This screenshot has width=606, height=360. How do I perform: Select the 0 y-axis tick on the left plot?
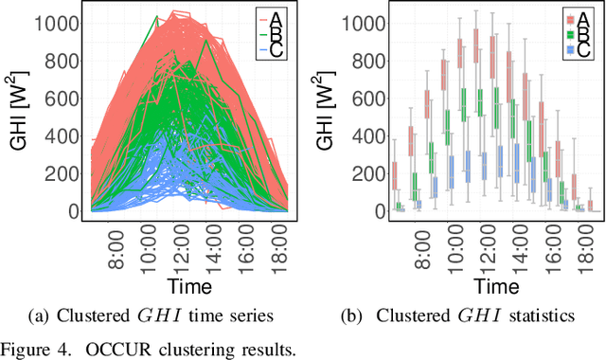(80, 211)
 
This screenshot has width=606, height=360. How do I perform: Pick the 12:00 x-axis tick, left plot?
(187, 248)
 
